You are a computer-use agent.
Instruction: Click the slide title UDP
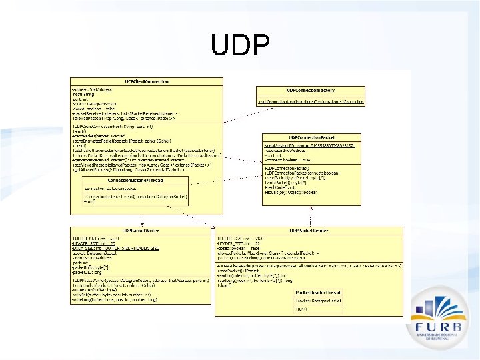tap(240, 46)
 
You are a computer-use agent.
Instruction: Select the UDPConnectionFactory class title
tap(311, 90)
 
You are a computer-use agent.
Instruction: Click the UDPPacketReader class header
tap(308, 231)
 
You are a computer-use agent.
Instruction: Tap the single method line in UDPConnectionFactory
tap(310, 102)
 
